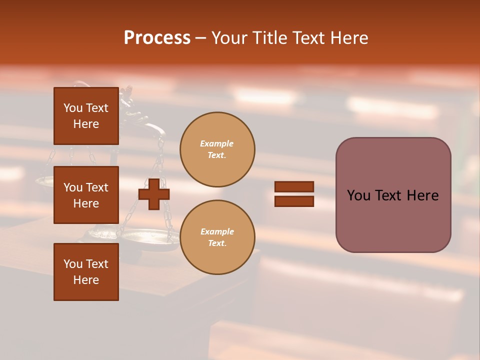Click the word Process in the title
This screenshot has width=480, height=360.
(157, 38)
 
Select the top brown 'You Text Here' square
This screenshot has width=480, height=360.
(86, 116)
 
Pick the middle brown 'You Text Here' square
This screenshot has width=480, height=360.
(86, 195)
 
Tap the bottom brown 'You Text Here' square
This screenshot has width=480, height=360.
(86, 272)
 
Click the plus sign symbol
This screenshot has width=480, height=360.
(154, 194)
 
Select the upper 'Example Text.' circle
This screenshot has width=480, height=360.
(217, 149)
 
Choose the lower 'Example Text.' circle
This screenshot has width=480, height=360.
(217, 237)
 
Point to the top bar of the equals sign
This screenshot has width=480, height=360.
(294, 187)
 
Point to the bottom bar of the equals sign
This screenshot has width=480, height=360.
(294, 201)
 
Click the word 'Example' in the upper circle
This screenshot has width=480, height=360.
(216, 144)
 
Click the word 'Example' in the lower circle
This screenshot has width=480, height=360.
(216, 232)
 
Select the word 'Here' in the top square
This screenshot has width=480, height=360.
(86, 124)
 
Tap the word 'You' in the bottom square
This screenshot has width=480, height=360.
(73, 264)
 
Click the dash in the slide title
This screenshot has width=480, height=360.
(201, 38)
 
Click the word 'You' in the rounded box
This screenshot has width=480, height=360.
(358, 195)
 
